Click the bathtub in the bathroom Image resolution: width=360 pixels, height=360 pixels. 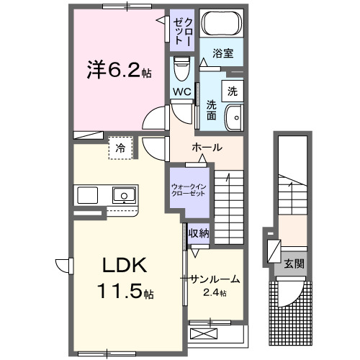(x=221, y=25)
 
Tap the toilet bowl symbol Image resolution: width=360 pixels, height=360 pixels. (x=180, y=69)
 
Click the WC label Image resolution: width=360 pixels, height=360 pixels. (x=181, y=92)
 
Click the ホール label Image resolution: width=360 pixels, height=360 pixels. (x=207, y=148)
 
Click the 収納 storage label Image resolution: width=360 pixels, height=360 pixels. (x=198, y=233)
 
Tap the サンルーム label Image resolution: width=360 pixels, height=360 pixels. (x=214, y=279)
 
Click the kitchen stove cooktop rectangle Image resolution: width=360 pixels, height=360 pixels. (x=88, y=195)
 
